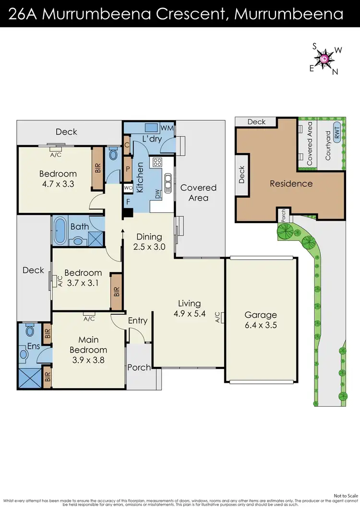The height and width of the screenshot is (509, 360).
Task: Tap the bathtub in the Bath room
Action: (60, 231)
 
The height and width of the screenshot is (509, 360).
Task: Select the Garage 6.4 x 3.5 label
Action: (261, 320)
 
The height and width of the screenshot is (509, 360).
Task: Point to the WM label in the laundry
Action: (167, 128)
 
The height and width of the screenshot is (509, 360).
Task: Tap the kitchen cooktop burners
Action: (157, 163)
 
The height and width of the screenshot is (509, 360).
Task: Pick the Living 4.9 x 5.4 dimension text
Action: (189, 308)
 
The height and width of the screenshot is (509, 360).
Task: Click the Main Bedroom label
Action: (88, 345)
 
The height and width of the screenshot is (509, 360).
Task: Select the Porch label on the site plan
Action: (283, 215)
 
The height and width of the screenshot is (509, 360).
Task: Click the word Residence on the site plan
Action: (291, 183)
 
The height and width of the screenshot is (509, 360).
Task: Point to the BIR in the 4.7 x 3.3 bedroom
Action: (97, 167)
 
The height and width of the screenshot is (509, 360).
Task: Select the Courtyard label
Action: (328, 145)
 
